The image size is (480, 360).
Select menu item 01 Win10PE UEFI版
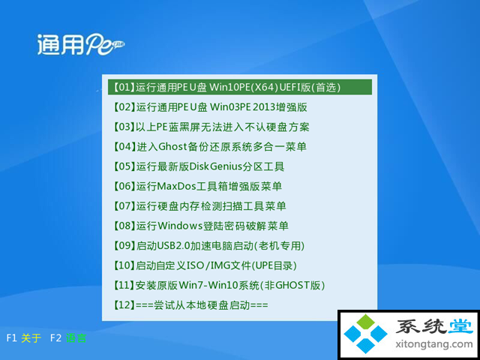[x=226, y=88]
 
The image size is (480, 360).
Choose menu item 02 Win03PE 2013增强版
[x=210, y=107]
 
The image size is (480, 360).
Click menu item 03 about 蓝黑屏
[x=211, y=127]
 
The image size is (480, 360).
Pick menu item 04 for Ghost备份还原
[x=210, y=147]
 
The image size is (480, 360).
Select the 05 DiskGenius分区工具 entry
[x=199, y=166]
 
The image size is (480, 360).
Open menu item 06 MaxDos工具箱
[x=197, y=186]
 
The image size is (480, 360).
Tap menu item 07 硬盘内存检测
[x=199, y=206]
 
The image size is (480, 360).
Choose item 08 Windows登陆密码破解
[x=200, y=226]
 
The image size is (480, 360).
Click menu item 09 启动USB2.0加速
[x=208, y=245]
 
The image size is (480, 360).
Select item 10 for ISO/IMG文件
[x=205, y=265]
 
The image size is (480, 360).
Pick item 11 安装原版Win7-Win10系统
[x=219, y=285]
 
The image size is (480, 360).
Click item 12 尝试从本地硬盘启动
[x=190, y=305]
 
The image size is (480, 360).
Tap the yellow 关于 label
[x=31, y=338]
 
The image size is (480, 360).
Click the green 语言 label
[x=76, y=338]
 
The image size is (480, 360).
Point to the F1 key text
[x=11, y=338]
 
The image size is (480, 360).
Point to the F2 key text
[x=56, y=338]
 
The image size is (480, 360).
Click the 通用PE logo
[x=81, y=44]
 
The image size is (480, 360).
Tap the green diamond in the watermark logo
[x=365, y=322]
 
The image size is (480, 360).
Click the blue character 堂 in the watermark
[x=460, y=327]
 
